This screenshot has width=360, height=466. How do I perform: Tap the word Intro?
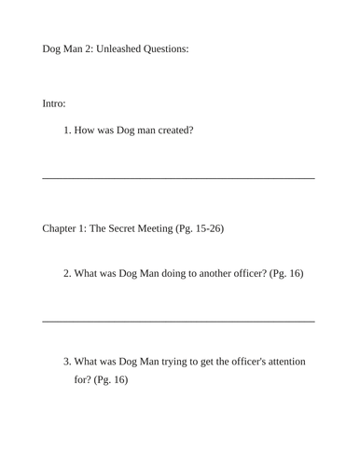tap(54, 103)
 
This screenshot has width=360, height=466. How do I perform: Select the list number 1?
tap(67, 130)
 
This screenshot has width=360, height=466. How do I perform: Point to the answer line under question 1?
tap(178, 177)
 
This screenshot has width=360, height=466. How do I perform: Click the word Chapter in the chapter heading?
tap(63, 228)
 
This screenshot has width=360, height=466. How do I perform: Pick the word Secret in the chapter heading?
tap(123, 228)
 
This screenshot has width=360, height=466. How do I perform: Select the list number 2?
tap(67, 274)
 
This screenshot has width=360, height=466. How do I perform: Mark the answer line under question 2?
tap(178, 321)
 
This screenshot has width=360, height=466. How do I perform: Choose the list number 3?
tap(67, 362)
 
